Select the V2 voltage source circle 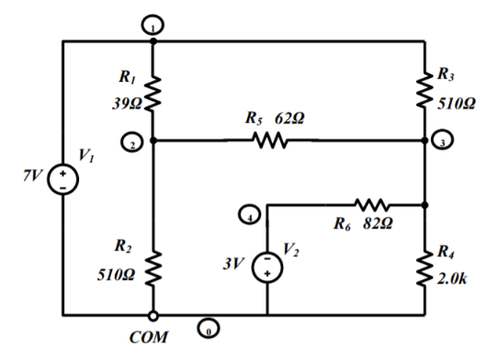266,265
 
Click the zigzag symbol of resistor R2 153,266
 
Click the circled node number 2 132,143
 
